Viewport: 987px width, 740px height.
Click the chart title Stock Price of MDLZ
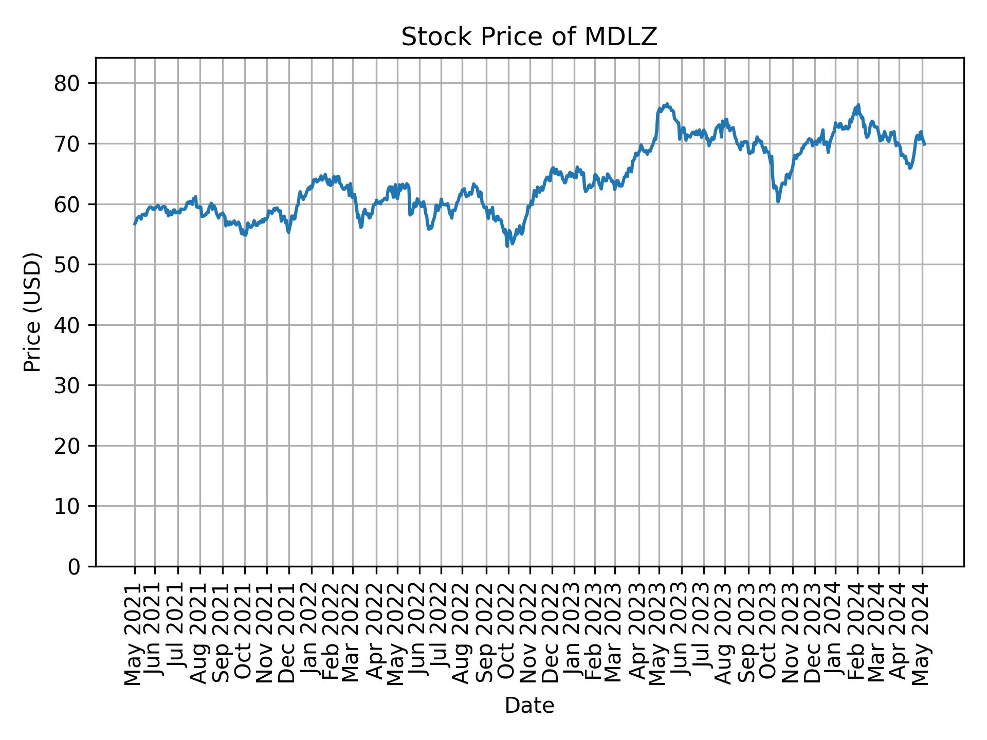pyautogui.click(x=529, y=37)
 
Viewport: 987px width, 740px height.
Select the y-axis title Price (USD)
pyautogui.click(x=32, y=312)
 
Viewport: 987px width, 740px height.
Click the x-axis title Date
pyautogui.click(x=529, y=706)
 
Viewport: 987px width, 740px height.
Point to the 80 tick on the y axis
pyautogui.click(x=67, y=83)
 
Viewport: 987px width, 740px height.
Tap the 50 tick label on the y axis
pyautogui.click(x=67, y=265)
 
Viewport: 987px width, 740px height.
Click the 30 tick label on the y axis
pyautogui.click(x=67, y=385)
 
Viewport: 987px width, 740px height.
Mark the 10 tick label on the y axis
pyautogui.click(x=67, y=506)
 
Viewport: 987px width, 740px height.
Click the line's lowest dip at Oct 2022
pyautogui.click(x=507, y=246)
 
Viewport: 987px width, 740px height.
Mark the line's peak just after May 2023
pyautogui.click(x=667, y=104)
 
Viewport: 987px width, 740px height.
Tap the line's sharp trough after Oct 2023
pyautogui.click(x=778, y=201)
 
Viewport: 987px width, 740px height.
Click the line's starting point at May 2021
pyautogui.click(x=135, y=224)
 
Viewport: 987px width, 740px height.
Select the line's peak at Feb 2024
pyautogui.click(x=858, y=105)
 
